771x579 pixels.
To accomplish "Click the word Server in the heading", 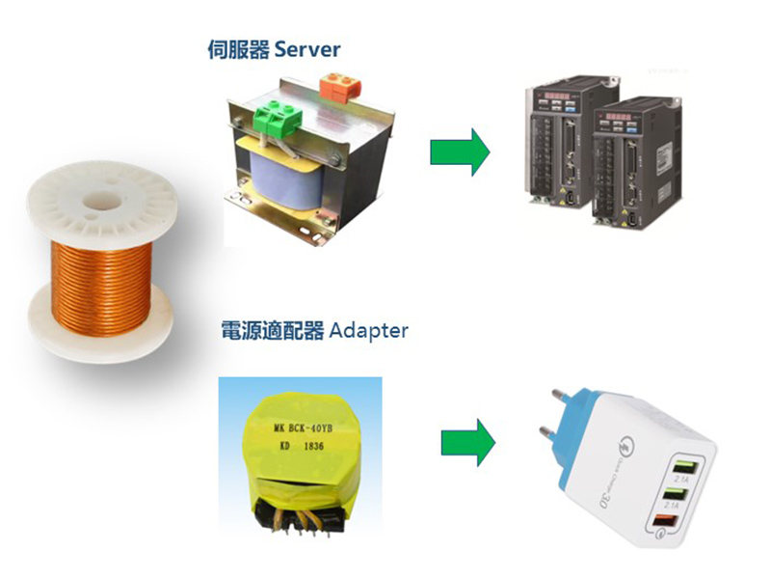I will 307,49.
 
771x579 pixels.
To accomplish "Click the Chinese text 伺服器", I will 238,49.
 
